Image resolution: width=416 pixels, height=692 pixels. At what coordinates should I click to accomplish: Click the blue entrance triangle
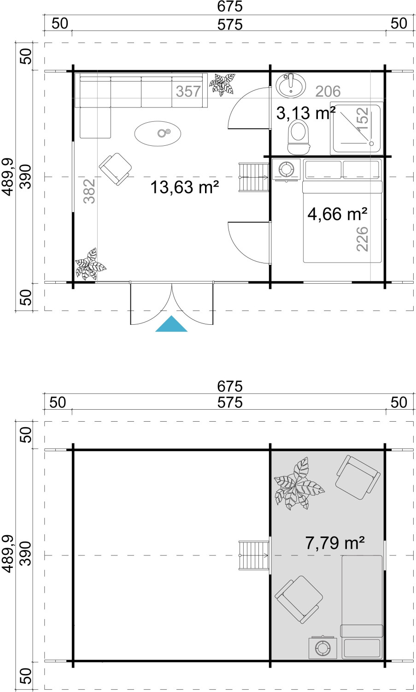coord(171,325)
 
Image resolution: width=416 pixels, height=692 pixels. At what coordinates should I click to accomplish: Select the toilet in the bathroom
coord(298,137)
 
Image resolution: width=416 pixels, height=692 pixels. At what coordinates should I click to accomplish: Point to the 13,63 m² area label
coord(185,187)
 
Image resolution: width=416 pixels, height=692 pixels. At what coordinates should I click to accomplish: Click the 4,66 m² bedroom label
coord(337,214)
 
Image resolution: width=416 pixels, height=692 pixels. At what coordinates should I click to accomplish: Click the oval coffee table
coord(158,133)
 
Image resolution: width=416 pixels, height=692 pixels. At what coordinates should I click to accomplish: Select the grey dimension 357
coord(188,91)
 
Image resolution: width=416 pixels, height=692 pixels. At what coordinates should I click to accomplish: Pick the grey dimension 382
coord(89,191)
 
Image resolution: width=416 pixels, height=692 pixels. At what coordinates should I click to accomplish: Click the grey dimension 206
coord(328,91)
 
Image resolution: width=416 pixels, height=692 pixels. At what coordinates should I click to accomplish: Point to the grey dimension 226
coord(362,239)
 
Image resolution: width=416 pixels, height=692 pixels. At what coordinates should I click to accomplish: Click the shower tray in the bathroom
coord(357,128)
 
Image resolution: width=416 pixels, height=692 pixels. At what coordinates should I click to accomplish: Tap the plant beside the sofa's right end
coord(222,84)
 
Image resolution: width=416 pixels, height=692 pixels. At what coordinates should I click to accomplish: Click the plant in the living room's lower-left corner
coord(90,264)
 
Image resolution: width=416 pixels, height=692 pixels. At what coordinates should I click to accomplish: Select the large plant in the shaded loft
coord(299,484)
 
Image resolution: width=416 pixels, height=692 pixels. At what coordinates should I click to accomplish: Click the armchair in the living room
coord(116,169)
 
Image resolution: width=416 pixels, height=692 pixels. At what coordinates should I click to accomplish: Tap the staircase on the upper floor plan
coord(254,555)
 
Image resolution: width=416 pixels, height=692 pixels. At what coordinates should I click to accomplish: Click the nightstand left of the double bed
coord(287,169)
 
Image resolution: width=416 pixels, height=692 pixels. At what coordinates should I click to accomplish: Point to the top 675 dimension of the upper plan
coord(229,6)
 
